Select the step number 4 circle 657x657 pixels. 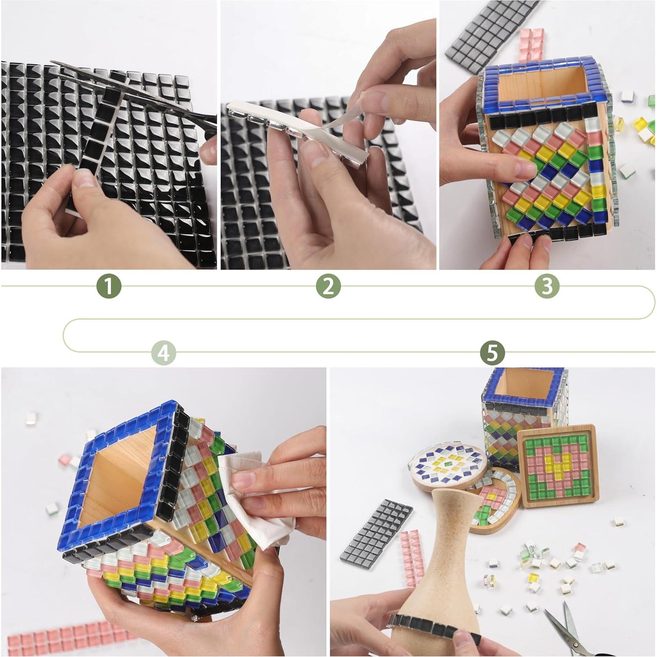pyautogui.click(x=164, y=352)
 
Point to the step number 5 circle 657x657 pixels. pyautogui.click(x=492, y=352)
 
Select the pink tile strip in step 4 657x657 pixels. pyautogui.click(x=66, y=636)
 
